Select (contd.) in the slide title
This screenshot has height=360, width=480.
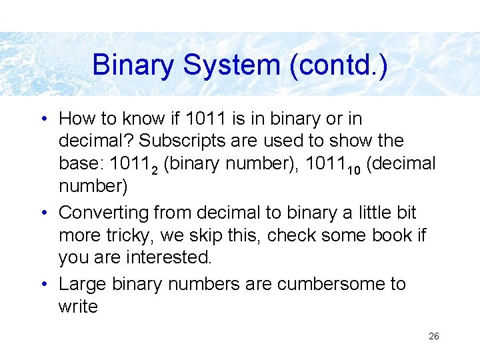pos(339,65)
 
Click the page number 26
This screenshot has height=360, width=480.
pos(433,337)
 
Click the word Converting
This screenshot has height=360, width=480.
pos(103,213)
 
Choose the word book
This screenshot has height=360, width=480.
pos(391,236)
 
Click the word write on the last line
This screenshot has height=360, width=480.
pos(78,307)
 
